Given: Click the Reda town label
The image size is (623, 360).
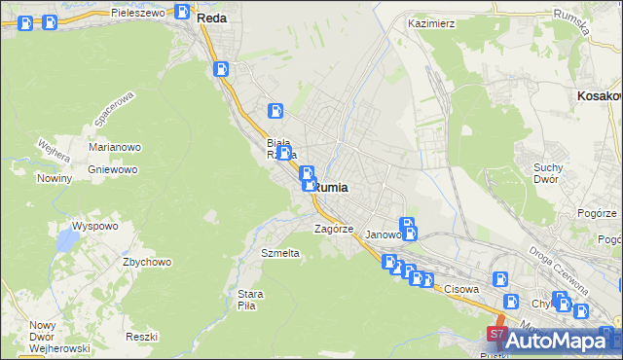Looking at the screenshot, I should [211, 18].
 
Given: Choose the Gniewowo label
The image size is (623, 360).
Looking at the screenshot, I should [111, 168].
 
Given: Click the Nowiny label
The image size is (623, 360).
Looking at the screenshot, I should [55, 178].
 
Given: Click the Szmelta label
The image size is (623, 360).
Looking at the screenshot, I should [280, 252].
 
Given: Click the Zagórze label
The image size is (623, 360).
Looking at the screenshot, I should [332, 229].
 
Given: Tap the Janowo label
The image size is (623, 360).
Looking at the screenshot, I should [383, 234].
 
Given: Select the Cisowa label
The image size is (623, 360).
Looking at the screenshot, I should [463, 289].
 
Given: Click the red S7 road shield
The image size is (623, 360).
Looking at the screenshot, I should [496, 335].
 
